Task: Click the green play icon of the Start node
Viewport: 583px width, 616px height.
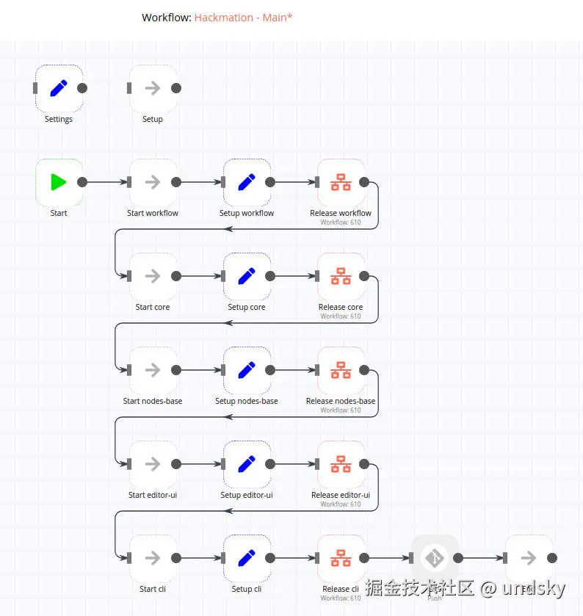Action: pos(59,182)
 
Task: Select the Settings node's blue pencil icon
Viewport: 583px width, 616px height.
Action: pos(59,88)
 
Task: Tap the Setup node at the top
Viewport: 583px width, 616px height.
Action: pos(153,88)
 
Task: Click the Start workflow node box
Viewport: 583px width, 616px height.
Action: pos(153,182)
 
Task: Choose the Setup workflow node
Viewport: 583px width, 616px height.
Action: pos(247,182)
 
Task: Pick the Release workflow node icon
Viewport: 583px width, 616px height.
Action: pos(341,182)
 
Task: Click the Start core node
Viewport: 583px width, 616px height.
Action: pos(153,276)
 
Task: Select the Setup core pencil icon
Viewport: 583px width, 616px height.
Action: pos(247,276)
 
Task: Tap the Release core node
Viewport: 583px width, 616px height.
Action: pos(341,276)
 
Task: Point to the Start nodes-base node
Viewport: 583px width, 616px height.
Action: pos(153,370)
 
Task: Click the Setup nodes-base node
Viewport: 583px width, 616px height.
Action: pos(247,370)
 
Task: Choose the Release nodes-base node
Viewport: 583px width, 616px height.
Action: pos(341,370)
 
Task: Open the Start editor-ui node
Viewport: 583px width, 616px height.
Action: pos(153,464)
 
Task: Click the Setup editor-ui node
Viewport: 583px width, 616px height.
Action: pos(247,464)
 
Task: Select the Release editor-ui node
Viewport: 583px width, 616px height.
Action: pos(341,464)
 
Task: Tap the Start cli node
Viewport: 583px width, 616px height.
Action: pos(153,558)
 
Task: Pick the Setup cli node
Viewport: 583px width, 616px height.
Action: pos(247,558)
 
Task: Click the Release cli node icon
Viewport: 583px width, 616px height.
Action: pos(341,558)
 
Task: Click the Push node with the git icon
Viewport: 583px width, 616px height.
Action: pos(435,558)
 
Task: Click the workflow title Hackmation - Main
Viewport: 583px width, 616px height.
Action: pos(243,17)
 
